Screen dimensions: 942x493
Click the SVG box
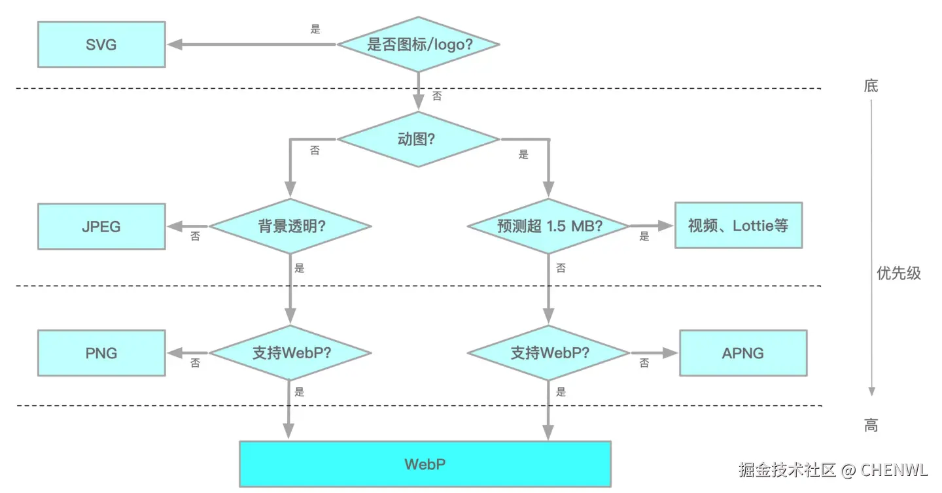[101, 44]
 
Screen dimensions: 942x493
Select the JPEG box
[101, 226]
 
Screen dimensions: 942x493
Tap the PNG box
[101, 353]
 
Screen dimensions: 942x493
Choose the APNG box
[743, 353]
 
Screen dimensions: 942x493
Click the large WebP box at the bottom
[425, 464]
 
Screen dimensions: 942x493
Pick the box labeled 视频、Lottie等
[739, 226]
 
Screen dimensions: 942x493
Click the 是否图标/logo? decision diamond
[419, 44]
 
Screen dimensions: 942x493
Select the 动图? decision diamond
[419, 139]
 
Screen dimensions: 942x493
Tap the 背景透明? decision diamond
[290, 226]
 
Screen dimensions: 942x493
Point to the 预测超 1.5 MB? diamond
[548, 226]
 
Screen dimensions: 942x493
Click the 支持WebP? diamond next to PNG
[290, 353]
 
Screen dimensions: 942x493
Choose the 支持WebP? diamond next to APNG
[548, 353]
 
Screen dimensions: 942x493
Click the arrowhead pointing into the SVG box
[175, 44]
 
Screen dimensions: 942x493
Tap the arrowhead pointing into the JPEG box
[175, 226]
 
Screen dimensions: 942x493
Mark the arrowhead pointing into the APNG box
[670, 353]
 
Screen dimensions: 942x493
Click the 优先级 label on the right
[899, 273]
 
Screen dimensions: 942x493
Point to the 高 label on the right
[871, 426]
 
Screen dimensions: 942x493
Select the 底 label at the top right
[871, 86]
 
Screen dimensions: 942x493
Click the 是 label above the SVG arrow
[315, 29]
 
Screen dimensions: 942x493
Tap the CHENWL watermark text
[894, 470]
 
